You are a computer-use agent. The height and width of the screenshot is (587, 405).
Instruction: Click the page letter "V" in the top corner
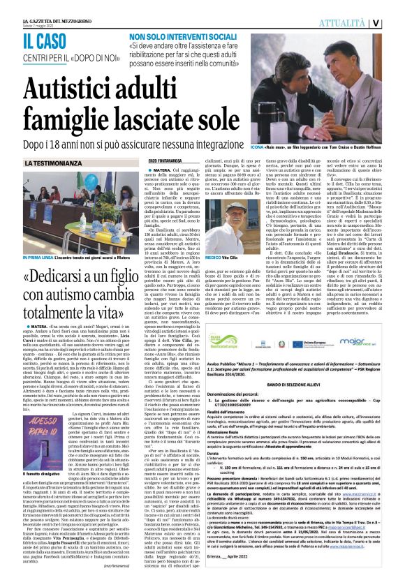395,22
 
